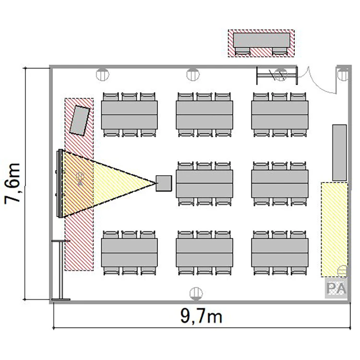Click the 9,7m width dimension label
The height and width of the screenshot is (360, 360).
coord(201,316)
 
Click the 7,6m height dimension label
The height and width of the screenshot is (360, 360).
coord(12,183)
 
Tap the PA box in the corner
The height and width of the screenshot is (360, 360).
coord(336,288)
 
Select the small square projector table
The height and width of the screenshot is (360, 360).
coord(164,183)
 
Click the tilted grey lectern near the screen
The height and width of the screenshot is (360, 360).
coord(80,120)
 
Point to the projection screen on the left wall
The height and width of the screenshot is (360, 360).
coord(60,183)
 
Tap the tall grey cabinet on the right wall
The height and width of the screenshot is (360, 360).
coord(339,153)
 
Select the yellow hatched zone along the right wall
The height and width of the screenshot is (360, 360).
coord(334,229)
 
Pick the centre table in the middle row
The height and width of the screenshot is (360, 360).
coord(204,183)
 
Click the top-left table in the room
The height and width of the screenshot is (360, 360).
coord(129,115)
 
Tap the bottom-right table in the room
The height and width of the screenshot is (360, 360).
coord(280,252)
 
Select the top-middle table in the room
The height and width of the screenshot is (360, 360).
coord(204,115)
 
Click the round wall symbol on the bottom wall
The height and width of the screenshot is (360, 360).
coord(196,294)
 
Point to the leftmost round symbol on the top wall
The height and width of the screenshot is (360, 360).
coord(102,74)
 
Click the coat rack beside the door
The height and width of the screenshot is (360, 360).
coord(277,75)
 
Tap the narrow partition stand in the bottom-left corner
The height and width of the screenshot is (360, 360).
coord(61,270)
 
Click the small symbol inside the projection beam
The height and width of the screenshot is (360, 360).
coord(80,179)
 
